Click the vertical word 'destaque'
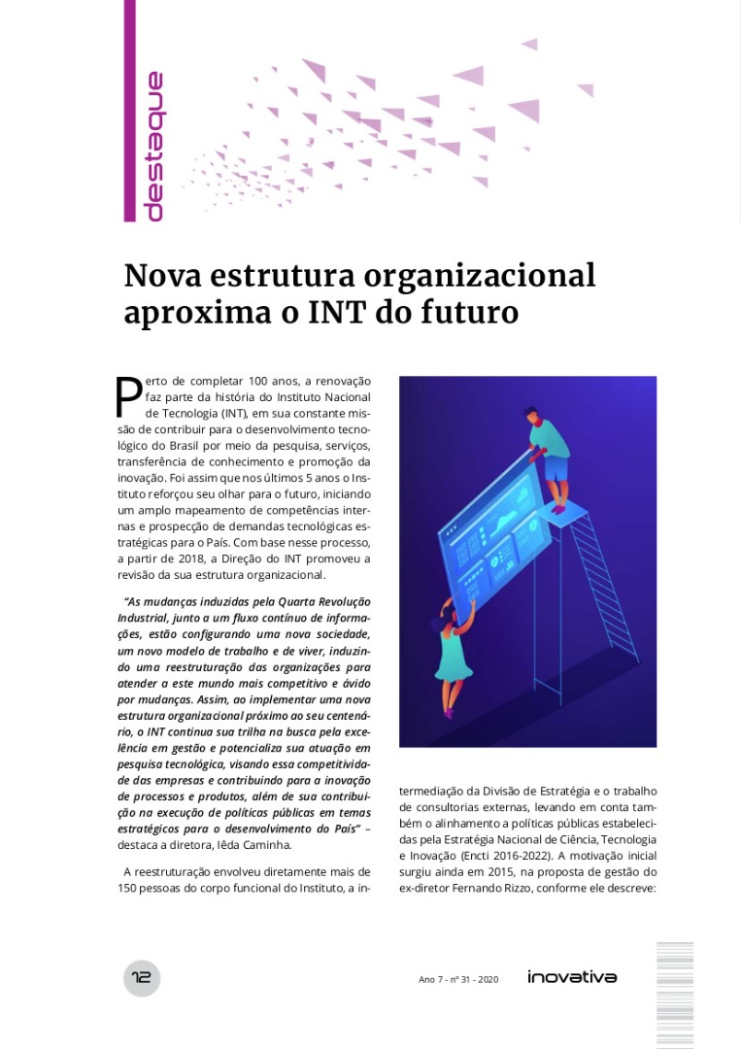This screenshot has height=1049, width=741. click(x=152, y=146)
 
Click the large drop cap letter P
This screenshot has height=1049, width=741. click(x=129, y=394)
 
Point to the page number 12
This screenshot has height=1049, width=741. click(x=142, y=977)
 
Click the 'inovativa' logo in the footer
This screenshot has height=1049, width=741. click(x=572, y=976)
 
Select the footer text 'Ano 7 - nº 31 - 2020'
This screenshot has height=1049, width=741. click(x=458, y=979)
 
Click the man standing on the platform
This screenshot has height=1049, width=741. click(x=549, y=457)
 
